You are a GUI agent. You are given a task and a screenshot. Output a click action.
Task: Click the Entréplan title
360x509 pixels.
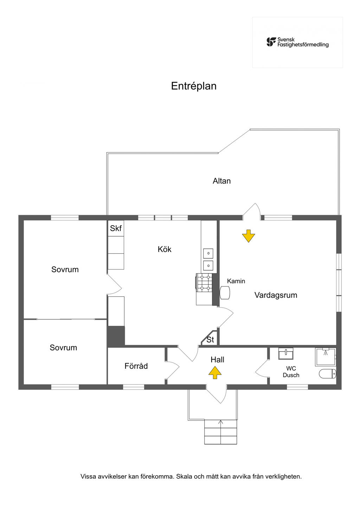(194, 86)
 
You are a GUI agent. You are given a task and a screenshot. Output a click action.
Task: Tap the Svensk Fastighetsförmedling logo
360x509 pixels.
(297, 42)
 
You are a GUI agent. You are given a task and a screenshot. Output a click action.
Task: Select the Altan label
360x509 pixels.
(221, 181)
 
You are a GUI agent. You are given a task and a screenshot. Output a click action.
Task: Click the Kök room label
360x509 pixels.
(164, 249)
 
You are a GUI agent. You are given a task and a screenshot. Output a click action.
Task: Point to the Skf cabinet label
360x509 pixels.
(116, 228)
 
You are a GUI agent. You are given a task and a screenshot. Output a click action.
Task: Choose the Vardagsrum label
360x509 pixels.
(276, 295)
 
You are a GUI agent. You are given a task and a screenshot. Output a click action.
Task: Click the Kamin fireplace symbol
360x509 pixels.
(225, 292)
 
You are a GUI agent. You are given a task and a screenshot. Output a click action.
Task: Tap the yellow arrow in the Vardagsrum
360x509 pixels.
(249, 236)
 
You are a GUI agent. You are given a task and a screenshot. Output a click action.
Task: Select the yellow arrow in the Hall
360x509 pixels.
(215, 372)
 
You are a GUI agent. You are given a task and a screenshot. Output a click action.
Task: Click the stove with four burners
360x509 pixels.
(204, 283)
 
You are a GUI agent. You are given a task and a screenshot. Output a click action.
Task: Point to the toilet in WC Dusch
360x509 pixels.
(328, 374)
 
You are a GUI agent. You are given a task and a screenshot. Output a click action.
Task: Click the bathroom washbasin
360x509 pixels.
(286, 354)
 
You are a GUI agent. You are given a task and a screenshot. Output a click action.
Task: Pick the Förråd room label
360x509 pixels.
(136, 366)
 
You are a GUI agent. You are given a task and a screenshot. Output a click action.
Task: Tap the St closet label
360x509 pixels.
(210, 340)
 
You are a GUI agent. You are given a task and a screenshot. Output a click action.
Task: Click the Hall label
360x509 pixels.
(217, 360)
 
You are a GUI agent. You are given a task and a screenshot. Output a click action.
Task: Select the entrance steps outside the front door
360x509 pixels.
(220, 432)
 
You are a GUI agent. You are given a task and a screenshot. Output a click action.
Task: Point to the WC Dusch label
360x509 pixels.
(291, 372)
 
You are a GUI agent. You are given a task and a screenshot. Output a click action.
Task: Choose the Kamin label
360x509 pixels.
(236, 281)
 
